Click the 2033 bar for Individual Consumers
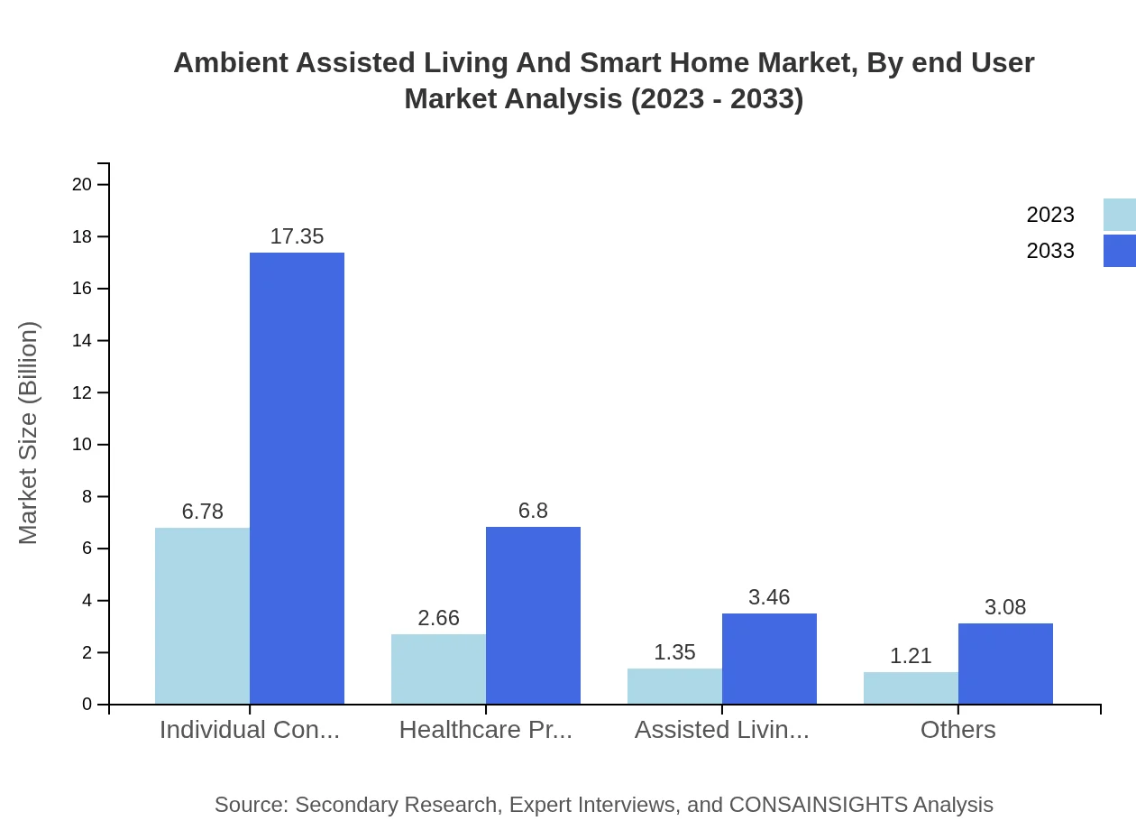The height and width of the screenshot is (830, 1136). point(297,478)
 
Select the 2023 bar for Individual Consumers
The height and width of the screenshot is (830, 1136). point(202,615)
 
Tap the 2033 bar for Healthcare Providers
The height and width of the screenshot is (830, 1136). point(533,615)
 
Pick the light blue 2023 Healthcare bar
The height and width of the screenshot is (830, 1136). point(438,669)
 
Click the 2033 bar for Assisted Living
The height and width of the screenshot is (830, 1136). point(769,659)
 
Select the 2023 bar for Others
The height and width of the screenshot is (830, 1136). point(911,687)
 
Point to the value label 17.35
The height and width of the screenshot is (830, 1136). point(297,236)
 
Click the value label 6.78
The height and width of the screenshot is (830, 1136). point(202,512)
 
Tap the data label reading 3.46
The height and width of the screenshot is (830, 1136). point(769,597)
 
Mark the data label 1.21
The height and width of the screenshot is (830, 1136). point(911,656)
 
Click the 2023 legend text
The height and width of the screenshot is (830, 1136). point(1050,215)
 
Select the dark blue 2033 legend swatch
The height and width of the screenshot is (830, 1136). point(1119,251)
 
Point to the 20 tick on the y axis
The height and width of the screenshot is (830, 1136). point(82,185)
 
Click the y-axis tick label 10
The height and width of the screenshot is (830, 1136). point(82,445)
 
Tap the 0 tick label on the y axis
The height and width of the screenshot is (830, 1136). point(87,705)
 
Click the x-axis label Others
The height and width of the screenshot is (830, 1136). point(957,730)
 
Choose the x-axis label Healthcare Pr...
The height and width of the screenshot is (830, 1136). point(486,730)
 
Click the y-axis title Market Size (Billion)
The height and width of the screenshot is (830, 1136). point(29,433)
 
